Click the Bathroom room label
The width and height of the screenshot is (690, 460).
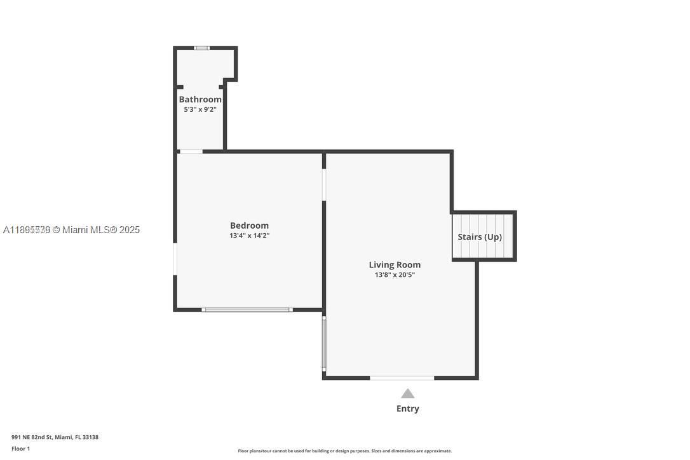[200, 99]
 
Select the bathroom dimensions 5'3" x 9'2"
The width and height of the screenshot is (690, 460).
[200, 109]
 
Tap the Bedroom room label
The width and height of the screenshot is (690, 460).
[249, 226]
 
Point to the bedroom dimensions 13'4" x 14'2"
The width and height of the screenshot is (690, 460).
[249, 236]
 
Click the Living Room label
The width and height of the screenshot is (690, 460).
[395, 265]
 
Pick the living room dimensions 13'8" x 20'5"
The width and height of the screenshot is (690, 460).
[395, 275]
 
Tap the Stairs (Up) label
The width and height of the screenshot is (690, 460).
[480, 237]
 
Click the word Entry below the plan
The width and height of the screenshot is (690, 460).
[407, 409]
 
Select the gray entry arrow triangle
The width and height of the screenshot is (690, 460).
[407, 394]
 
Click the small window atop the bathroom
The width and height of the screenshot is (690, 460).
[201, 48]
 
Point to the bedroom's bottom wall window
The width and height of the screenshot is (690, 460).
[247, 309]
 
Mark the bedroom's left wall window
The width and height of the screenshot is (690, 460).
[175, 259]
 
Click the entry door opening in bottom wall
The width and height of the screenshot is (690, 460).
[402, 378]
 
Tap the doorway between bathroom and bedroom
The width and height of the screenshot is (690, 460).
[191, 151]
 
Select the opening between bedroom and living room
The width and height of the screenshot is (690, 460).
[324, 185]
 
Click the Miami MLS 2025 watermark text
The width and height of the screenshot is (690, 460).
[71, 230]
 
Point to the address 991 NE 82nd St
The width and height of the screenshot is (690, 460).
[55, 437]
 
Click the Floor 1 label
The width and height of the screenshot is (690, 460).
[20, 449]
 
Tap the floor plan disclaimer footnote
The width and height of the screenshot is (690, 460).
[344, 451]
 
